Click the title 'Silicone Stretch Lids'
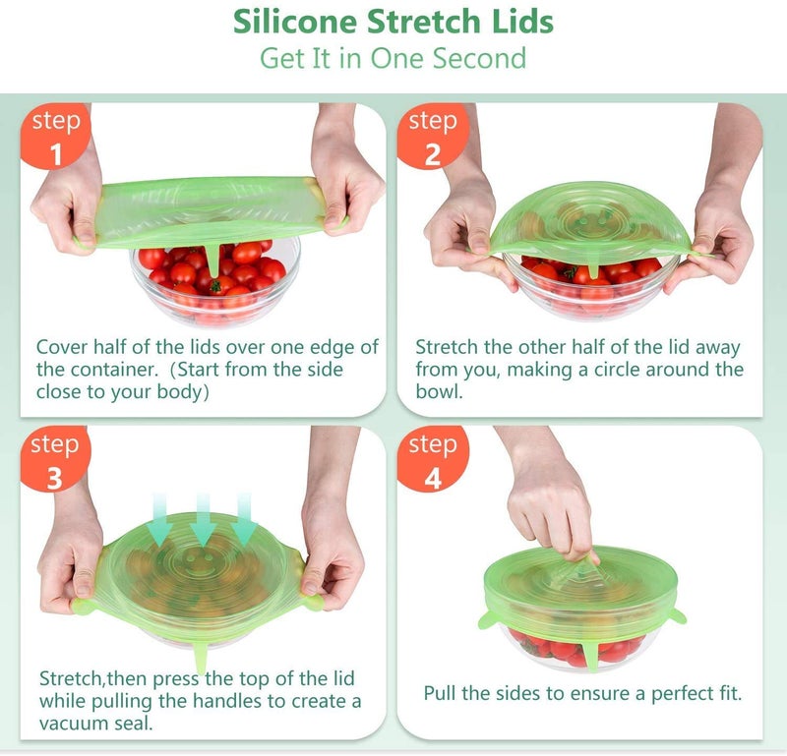coord(393,22)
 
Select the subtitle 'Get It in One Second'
coord(393,58)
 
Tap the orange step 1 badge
coord(55,138)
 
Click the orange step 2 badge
coord(432,138)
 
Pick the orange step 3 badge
coord(55,460)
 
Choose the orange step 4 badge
coord(432,460)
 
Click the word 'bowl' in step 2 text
coord(437,391)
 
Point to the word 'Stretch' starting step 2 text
coord(447,347)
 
